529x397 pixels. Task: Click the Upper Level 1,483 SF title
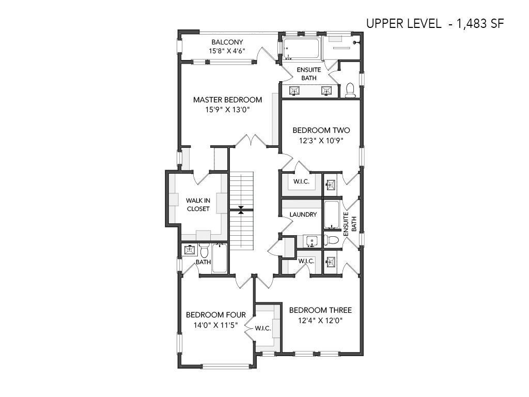point(435,24)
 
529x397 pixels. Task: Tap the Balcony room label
point(227,42)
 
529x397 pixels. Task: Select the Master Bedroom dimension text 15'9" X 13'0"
point(227,110)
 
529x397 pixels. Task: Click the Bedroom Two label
point(321,130)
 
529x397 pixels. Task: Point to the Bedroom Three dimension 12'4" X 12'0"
point(320,320)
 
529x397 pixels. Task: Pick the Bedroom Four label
point(216,315)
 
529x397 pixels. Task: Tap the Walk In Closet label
point(198,205)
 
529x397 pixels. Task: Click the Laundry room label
point(303,215)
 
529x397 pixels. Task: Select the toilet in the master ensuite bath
point(351,90)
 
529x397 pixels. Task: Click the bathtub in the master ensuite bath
point(301,49)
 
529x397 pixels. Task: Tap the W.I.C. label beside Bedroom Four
point(263,328)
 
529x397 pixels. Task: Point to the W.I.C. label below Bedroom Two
point(301,181)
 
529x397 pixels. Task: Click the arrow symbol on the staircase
point(241,210)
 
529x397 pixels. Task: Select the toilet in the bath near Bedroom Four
point(204,251)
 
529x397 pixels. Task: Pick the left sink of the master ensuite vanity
point(294,91)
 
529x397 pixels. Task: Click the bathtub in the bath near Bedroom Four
point(220,258)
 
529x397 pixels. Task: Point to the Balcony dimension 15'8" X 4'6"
point(227,51)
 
